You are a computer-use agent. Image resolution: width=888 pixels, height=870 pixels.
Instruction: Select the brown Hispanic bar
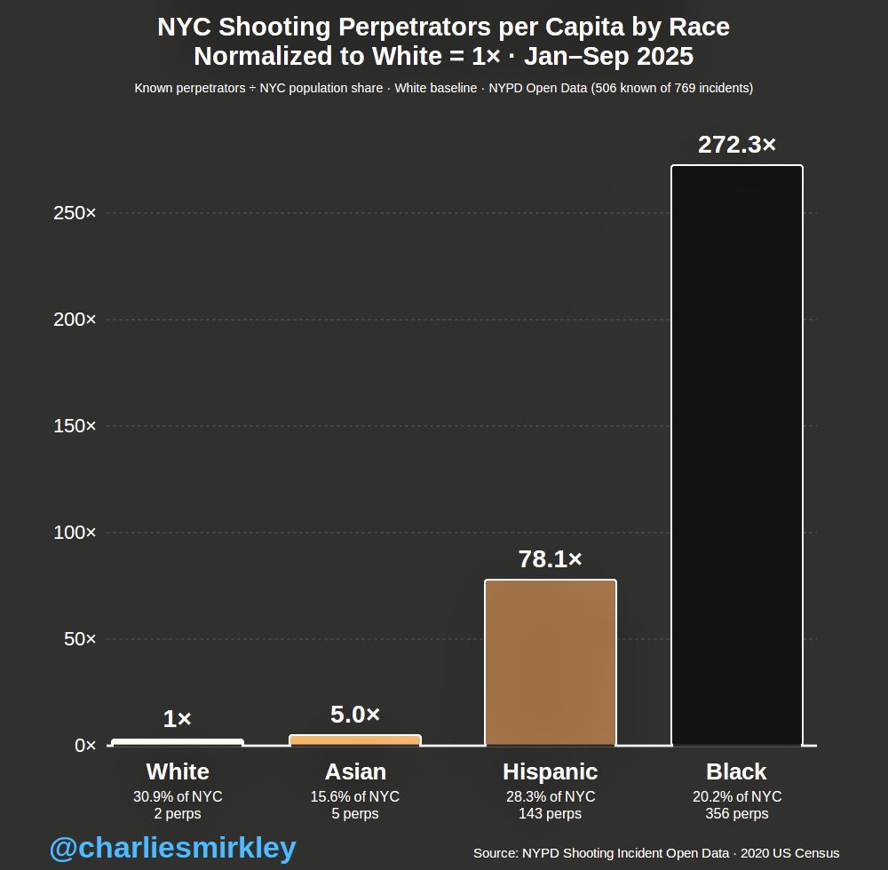(x=550, y=662)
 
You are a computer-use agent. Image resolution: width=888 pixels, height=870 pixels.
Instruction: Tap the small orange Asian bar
(x=355, y=739)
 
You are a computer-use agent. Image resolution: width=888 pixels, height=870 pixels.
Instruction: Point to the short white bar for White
(x=178, y=742)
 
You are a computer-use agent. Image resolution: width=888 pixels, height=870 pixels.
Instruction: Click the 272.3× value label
(x=736, y=145)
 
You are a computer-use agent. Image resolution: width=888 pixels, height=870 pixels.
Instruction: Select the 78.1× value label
(x=550, y=559)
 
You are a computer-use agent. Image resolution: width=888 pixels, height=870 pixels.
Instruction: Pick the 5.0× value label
(x=355, y=714)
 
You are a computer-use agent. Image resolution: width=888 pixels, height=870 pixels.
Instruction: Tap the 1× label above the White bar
(x=178, y=719)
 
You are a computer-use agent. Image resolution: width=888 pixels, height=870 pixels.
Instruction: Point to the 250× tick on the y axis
(x=75, y=213)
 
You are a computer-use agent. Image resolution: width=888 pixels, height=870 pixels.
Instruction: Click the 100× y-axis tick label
(x=75, y=533)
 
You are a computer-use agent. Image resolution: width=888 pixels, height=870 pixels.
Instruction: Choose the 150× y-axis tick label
(x=75, y=426)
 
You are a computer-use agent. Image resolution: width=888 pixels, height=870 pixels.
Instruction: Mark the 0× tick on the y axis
(x=85, y=746)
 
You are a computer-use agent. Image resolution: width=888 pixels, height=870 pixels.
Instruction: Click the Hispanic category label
(x=550, y=771)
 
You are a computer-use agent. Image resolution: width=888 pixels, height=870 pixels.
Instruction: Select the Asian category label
(x=355, y=771)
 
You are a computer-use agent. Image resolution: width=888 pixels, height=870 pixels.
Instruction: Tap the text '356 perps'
(x=736, y=813)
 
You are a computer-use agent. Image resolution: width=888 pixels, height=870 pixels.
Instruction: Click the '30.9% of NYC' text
(x=178, y=796)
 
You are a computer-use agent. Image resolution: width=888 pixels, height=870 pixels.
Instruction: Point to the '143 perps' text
(x=550, y=813)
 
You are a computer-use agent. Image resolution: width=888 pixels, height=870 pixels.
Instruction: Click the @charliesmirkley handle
(x=172, y=849)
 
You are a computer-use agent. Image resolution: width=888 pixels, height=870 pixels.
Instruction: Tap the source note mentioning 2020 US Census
(x=656, y=853)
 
